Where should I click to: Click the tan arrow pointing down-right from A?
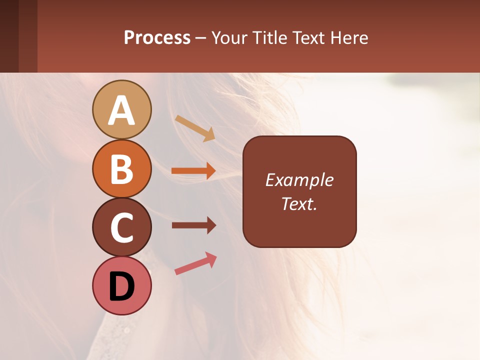point(195,128)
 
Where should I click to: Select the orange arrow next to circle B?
point(193,171)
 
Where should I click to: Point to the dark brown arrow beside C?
point(193,225)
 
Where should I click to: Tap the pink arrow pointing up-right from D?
point(195,264)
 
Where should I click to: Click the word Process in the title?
point(157,37)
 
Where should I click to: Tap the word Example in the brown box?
point(299,180)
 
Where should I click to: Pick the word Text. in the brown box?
point(299,204)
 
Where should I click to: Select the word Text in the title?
point(309,37)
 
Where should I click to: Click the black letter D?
point(122,286)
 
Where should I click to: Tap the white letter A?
point(122,110)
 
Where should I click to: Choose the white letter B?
point(122,169)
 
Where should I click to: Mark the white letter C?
point(122,227)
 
